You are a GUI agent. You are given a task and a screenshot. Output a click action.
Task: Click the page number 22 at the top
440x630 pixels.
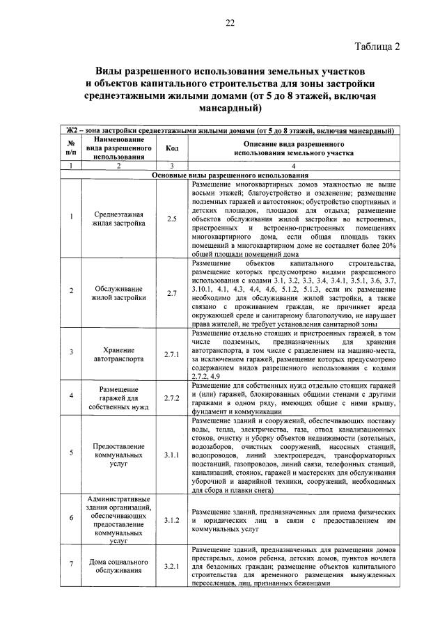[x=230, y=23]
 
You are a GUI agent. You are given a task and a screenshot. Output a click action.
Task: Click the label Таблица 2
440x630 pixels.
[x=377, y=47]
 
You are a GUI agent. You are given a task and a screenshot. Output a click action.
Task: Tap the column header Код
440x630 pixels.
[x=172, y=148]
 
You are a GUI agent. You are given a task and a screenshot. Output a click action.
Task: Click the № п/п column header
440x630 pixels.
[x=70, y=148]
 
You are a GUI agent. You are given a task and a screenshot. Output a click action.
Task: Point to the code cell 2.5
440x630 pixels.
[x=172, y=219]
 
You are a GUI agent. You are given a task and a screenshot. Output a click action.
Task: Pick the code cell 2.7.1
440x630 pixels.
[x=172, y=354]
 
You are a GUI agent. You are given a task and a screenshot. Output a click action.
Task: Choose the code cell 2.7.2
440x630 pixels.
[x=172, y=397]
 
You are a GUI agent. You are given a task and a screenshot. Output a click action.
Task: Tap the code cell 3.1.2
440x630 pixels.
[x=172, y=519]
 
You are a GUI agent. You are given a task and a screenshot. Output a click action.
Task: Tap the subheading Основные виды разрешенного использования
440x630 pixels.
[x=230, y=175]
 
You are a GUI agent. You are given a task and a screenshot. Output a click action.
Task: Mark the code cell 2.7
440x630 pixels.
[x=172, y=293]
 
